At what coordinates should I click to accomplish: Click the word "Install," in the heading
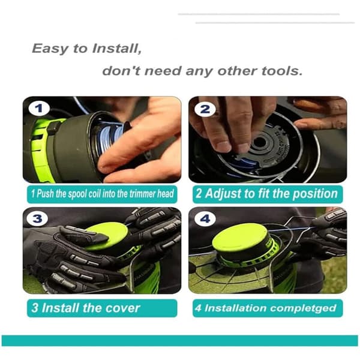pos(117,49)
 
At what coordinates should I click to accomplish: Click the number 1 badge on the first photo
pos(39,109)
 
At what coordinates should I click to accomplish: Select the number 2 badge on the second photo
pos(205,109)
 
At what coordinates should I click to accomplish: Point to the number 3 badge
pos(37,218)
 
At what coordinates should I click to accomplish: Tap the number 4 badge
pos(205,219)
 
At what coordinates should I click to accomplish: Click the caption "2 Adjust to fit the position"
pos(266,194)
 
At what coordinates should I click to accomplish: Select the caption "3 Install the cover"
pos(86,308)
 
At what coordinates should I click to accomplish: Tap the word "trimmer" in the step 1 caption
pos(142,194)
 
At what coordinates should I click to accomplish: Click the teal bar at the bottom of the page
pos(180,340)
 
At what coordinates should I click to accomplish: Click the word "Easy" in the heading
pos(50,49)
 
